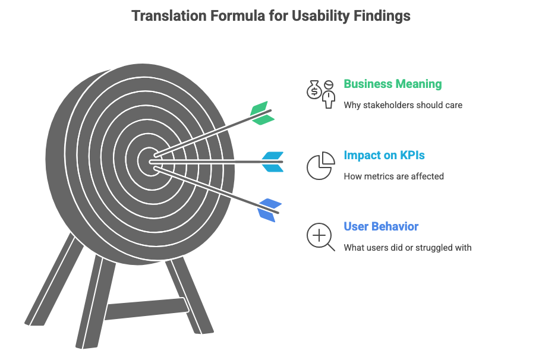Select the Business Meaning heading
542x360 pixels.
(x=392, y=84)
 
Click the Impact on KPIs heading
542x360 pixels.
(x=384, y=156)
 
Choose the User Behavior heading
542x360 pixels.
(x=381, y=226)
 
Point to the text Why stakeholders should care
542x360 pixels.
(x=402, y=105)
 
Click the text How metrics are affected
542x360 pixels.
(x=393, y=176)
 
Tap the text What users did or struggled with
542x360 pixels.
(x=407, y=247)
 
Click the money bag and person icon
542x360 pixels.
(x=321, y=93)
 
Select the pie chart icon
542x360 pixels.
(x=320, y=166)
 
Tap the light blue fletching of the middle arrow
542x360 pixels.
(x=272, y=161)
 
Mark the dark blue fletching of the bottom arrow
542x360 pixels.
(x=269, y=210)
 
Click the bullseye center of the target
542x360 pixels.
(x=147, y=160)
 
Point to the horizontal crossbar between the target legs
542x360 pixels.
(x=146, y=308)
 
